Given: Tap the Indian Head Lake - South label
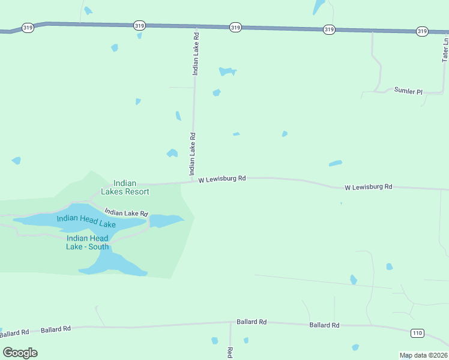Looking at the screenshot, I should pos(88,242).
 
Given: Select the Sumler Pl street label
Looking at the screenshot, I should pos(408,91).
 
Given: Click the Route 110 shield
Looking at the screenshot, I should pos(418,333).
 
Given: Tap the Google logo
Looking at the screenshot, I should pos(20,353).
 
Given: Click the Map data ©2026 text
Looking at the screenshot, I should pos(424,355).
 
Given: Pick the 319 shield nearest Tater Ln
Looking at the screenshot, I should pos(422,31).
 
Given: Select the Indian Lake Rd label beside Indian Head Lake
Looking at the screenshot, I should pos(126,212).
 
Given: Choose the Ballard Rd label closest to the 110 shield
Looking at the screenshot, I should pos(324,325).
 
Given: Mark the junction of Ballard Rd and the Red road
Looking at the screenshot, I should pos(230,322).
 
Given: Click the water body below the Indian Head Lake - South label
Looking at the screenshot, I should pos(114,263).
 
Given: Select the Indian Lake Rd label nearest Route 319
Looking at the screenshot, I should pos(195,53).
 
